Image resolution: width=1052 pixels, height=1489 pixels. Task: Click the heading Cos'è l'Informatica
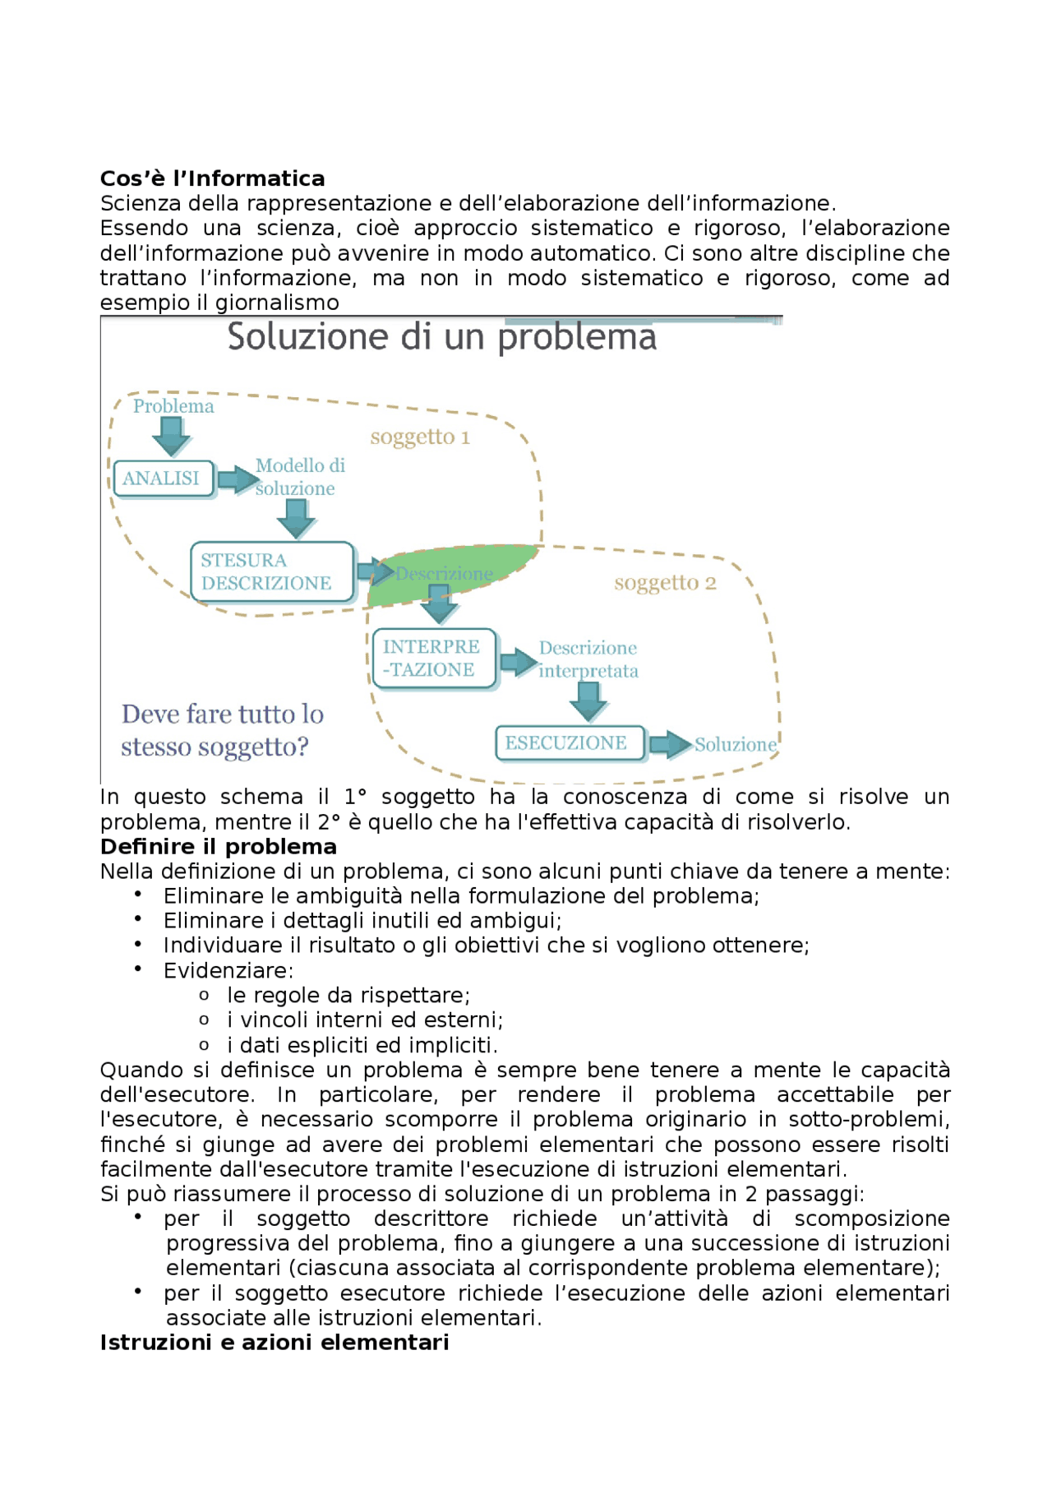click(212, 178)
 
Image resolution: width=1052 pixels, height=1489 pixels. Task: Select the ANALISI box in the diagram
click(163, 479)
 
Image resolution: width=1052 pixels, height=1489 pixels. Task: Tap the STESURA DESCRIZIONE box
click(271, 571)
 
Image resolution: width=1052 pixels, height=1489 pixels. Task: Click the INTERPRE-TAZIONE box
click(433, 658)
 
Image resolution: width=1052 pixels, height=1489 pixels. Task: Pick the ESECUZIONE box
click(569, 743)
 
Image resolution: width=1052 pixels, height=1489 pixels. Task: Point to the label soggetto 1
click(420, 437)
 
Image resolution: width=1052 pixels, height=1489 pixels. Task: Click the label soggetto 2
click(665, 583)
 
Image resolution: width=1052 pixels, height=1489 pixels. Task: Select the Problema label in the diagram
click(173, 406)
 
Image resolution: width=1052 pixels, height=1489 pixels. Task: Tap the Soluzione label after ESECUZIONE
click(735, 745)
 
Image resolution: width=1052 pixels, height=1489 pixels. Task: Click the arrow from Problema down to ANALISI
click(172, 436)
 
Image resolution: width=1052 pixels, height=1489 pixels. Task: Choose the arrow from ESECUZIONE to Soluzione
click(670, 745)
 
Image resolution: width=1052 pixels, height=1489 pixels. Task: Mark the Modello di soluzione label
click(298, 477)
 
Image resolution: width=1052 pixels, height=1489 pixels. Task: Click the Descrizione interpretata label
click(588, 659)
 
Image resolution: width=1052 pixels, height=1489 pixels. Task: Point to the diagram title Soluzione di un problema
click(441, 337)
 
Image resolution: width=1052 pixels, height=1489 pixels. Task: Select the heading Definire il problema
click(218, 847)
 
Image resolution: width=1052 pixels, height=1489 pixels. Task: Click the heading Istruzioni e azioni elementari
click(274, 1343)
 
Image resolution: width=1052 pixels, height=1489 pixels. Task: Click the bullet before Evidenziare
click(138, 969)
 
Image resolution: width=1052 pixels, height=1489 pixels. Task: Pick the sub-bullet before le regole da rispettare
click(204, 996)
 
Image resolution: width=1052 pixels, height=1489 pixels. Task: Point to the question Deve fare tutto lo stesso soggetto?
click(222, 730)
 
